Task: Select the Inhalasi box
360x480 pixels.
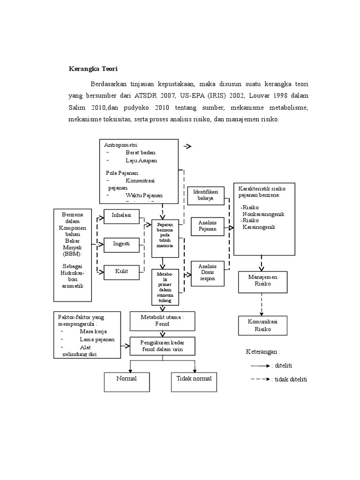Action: point(121,216)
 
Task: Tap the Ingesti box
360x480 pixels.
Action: point(121,244)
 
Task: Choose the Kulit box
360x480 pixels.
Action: point(121,271)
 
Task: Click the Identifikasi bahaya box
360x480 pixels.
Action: point(205,195)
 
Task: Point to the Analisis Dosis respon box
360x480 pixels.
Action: point(207,271)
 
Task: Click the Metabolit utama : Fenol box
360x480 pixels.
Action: point(162,321)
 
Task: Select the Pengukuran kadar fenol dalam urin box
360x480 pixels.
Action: point(162,346)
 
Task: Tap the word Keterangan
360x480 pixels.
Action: point(262,352)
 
